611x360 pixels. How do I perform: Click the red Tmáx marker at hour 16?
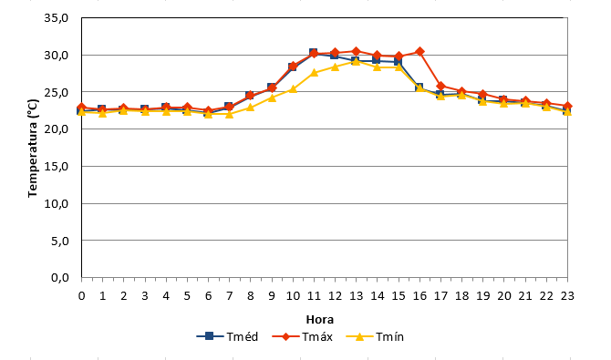pos(419,51)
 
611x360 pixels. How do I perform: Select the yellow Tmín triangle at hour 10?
pos(293,88)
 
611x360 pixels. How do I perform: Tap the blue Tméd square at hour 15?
pos(398,62)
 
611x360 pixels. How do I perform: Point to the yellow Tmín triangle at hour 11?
pos(314,73)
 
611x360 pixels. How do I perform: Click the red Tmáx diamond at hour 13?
pos(357,51)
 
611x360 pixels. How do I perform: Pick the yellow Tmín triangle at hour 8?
pos(250,108)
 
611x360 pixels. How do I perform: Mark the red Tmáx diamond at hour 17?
pos(440,86)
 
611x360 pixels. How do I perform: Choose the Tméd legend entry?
pos(228,336)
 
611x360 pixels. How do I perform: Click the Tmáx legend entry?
pos(303,336)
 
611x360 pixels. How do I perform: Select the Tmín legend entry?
pos(375,336)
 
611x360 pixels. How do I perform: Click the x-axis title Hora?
pos(320,320)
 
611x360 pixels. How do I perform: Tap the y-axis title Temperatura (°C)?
pos(33,148)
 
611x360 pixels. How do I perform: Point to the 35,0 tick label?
pos(57,18)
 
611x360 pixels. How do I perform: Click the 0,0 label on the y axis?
pos(59,278)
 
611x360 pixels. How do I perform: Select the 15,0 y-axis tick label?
pos(57,167)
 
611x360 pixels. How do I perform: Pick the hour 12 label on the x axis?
pos(335,296)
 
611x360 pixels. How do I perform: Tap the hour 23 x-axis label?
pos(567,296)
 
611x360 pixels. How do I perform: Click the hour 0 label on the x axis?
pos(81,296)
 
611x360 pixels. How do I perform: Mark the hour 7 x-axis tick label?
pos(229,296)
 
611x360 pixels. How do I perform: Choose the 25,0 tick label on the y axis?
pos(57,92)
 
